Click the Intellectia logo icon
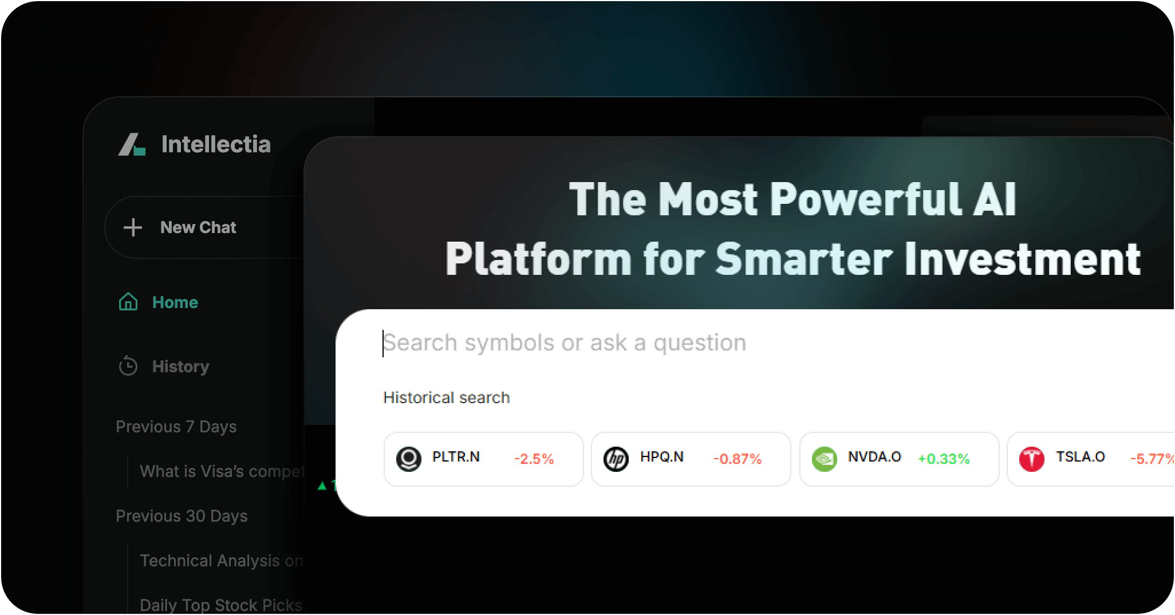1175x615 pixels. [132, 144]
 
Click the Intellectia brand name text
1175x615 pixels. [216, 144]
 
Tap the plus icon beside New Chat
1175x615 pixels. [133, 227]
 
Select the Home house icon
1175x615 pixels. [128, 302]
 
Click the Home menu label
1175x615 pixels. [175, 302]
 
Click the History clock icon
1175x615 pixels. [128, 366]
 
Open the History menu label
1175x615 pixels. [181, 366]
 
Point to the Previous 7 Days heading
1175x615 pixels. [176, 427]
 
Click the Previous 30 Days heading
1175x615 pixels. [182, 516]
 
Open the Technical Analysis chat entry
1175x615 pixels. [221, 561]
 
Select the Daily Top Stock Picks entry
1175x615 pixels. [220, 605]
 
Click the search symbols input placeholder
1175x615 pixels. [565, 343]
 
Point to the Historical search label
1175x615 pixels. [447, 397]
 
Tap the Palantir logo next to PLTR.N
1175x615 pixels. [409, 459]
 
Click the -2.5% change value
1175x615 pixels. [534, 459]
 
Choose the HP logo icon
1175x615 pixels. [616, 459]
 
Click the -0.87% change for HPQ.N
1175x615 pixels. [738, 459]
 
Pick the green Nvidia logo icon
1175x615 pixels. [825, 459]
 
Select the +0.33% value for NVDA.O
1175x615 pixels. [944, 459]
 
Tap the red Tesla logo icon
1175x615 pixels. [1032, 459]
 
